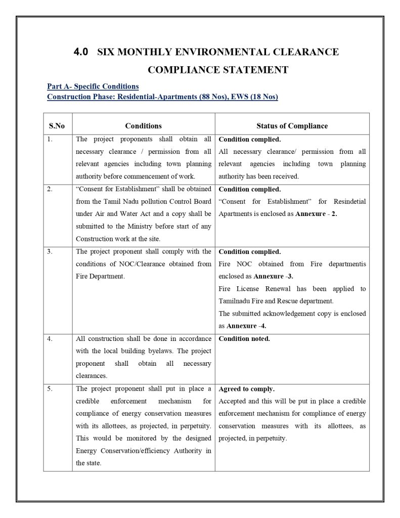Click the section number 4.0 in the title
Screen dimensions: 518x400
click(81, 52)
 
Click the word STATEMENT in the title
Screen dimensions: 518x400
click(256, 70)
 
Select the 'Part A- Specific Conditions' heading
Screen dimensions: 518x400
click(93, 87)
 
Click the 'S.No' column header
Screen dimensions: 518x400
click(57, 126)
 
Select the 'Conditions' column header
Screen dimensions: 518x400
click(143, 126)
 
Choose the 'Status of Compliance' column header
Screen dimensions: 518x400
click(292, 126)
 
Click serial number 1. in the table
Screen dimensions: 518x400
click(50, 139)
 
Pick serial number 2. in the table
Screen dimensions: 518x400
click(50, 189)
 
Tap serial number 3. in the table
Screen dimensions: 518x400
click(50, 252)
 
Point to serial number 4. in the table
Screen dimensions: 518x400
click(50, 339)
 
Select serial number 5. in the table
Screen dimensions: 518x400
click(50, 389)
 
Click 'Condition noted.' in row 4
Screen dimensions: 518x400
click(244, 339)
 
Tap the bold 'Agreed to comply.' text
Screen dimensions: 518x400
click(246, 389)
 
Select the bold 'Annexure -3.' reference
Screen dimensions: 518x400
click(273, 277)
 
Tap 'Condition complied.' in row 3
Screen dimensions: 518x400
click(249, 252)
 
